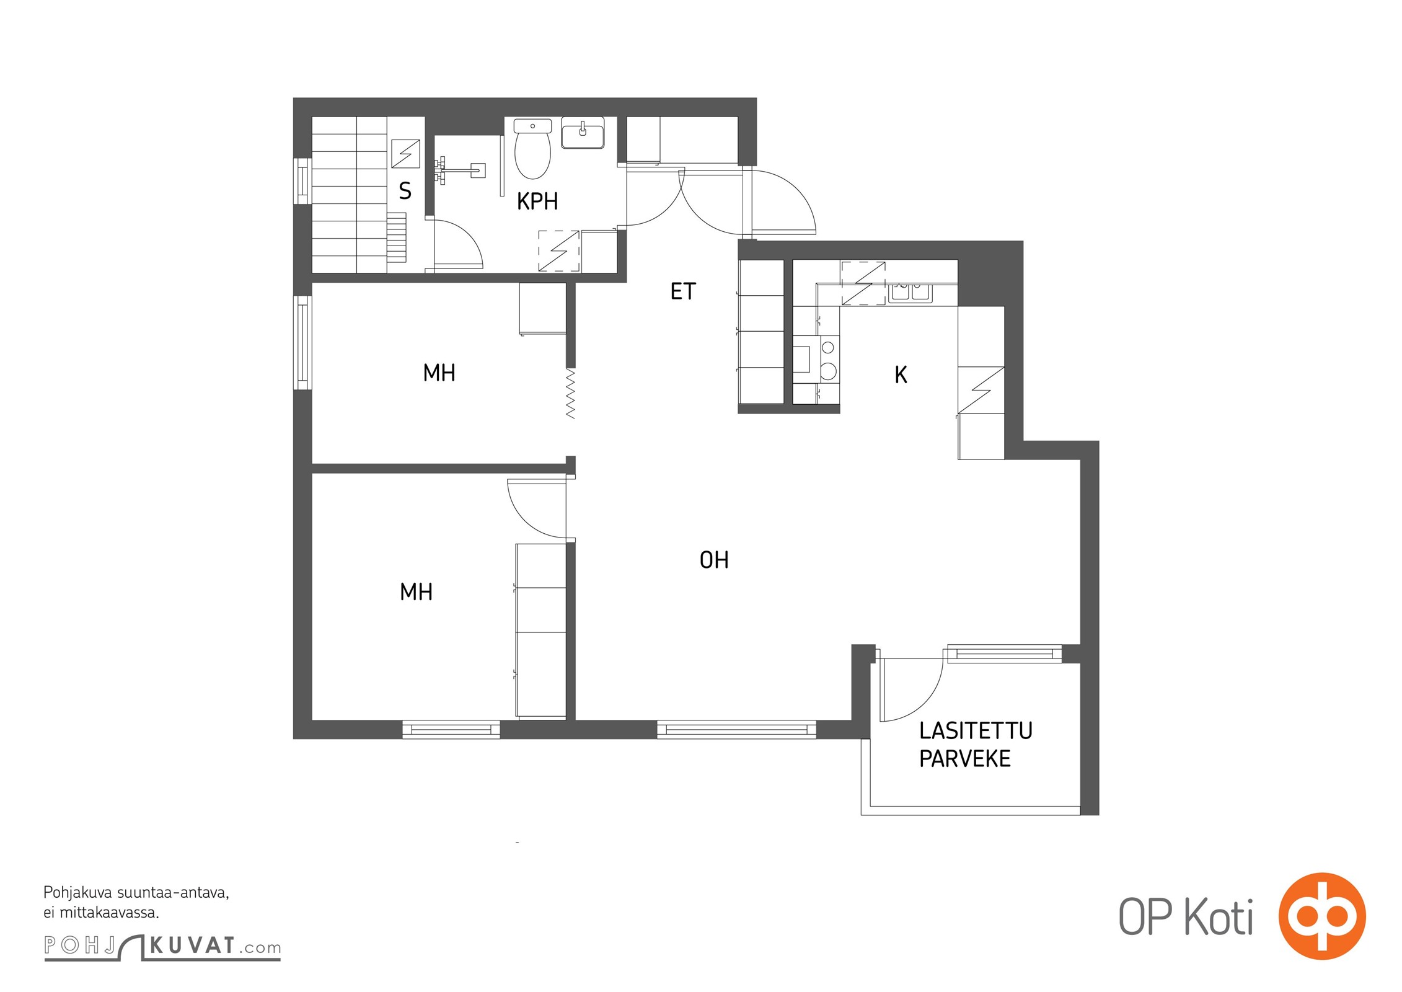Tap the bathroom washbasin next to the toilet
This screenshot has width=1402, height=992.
[x=583, y=133]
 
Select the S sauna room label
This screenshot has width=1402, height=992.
[x=405, y=191]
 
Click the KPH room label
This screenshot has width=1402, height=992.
[x=537, y=201]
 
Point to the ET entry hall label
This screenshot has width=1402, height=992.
[x=683, y=291]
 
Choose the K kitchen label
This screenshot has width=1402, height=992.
[x=901, y=374]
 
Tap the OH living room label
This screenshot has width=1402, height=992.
[x=714, y=560]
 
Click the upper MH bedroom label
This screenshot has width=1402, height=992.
[x=439, y=373]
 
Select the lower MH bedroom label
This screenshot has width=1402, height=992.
[x=417, y=592]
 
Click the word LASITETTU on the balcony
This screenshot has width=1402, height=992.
[x=976, y=731]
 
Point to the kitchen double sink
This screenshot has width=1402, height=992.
[x=910, y=292]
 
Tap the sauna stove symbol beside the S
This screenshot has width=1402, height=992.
[x=405, y=154]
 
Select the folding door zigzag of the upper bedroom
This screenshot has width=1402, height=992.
[x=571, y=394]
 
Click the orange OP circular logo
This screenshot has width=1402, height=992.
[x=1322, y=916]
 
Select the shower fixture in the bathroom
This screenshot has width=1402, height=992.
[x=460, y=167]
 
